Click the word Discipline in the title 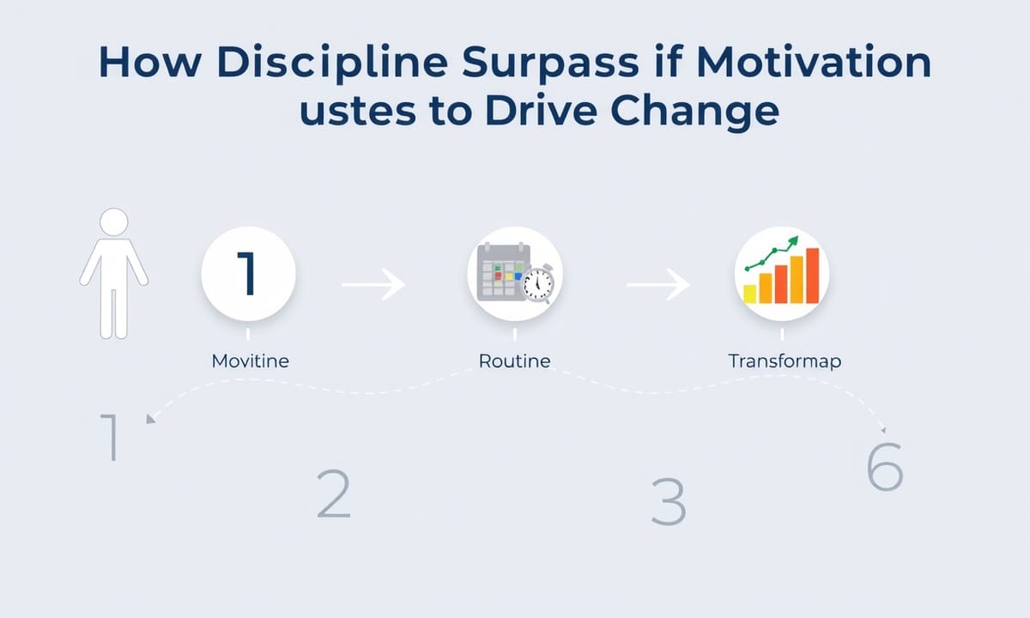(332, 63)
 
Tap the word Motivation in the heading (814, 61)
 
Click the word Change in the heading (694, 112)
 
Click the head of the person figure (114, 221)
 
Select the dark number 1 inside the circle (247, 273)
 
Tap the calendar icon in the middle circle (503, 272)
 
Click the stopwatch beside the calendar (537, 284)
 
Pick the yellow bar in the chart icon (749, 294)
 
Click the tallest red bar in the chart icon (813, 276)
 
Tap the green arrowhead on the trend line (793, 241)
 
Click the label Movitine (250, 361)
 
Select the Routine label (514, 361)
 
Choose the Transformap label (785, 361)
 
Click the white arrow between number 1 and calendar (373, 285)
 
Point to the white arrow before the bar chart (658, 285)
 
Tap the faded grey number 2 (334, 494)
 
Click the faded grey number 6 (885, 466)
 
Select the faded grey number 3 (669, 501)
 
